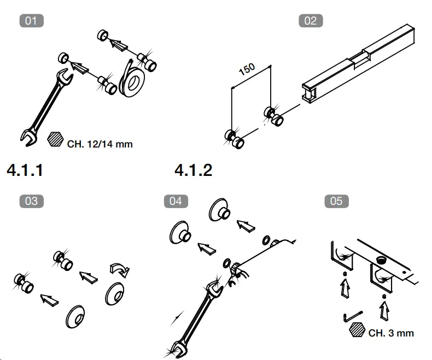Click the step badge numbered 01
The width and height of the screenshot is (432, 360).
31,21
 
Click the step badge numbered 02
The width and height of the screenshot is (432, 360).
310,21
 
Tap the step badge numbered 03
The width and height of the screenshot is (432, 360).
31,201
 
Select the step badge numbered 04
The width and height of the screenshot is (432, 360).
176,201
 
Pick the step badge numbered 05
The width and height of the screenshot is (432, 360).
336,201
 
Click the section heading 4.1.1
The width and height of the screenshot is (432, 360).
25,170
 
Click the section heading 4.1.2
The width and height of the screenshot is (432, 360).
193,170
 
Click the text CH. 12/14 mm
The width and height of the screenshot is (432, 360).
100,145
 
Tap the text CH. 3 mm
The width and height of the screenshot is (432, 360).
391,333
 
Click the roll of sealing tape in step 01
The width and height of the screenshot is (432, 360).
130,77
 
